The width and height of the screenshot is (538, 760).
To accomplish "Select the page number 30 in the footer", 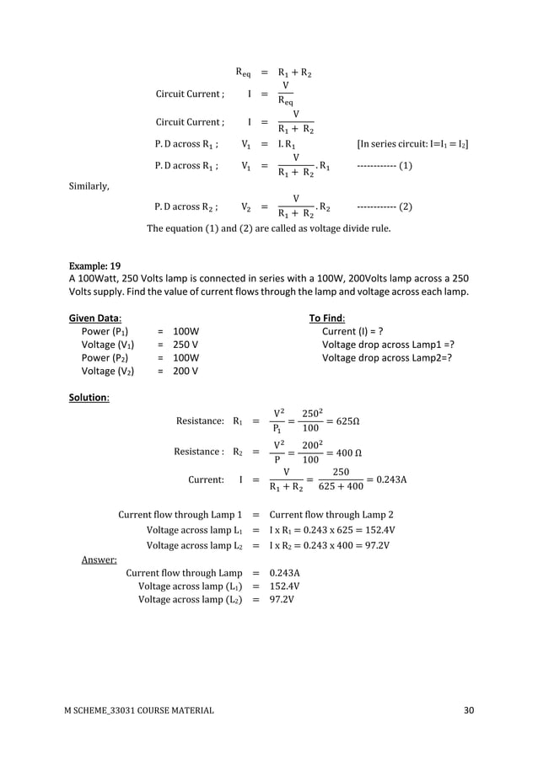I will pos(469,711).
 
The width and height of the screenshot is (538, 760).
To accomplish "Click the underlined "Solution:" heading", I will pos(89,397).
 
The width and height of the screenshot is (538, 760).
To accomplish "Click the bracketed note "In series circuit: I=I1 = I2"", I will pos(413,144).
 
